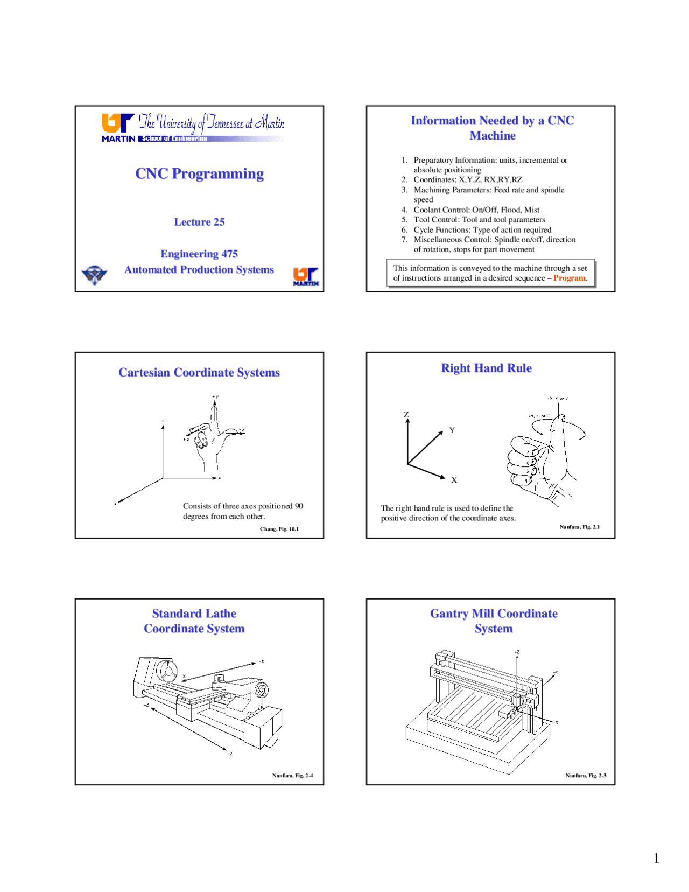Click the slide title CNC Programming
click(199, 173)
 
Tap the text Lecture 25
click(199, 222)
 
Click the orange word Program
click(569, 278)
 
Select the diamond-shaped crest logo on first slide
click(94, 275)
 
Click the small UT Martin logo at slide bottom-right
click(306, 276)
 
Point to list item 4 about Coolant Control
click(476, 210)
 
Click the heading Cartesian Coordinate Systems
click(199, 372)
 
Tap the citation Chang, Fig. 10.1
click(279, 529)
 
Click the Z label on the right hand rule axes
click(406, 414)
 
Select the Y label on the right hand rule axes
click(452, 430)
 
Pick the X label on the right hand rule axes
click(454, 480)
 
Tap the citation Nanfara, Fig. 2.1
click(579, 527)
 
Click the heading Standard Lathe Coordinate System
click(194, 621)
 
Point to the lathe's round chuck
click(167, 671)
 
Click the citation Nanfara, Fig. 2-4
click(292, 776)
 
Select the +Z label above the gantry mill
click(517, 652)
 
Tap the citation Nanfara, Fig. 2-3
click(586, 776)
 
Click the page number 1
click(656, 858)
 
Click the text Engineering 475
click(199, 254)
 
